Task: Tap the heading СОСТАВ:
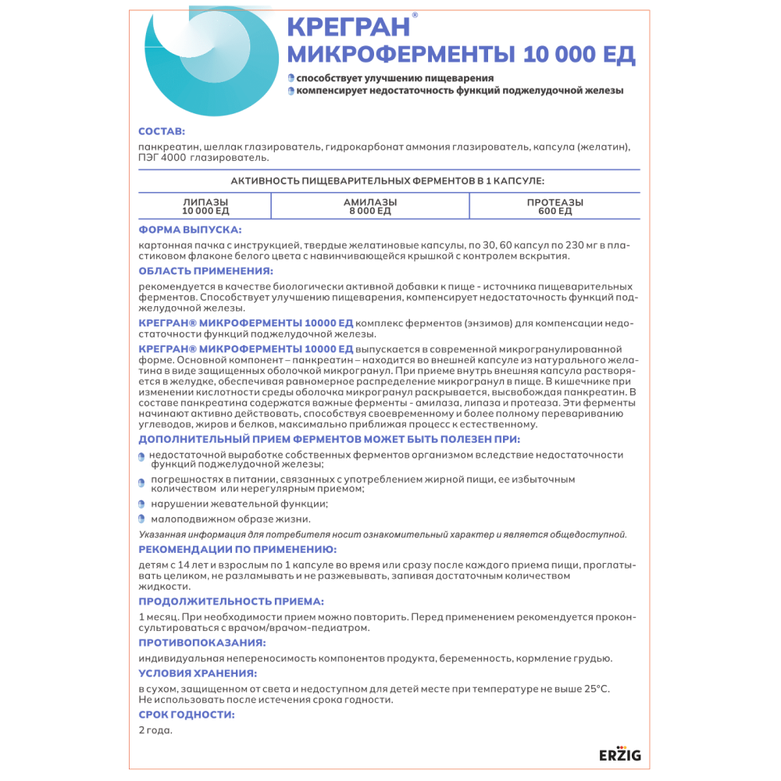coord(162,130)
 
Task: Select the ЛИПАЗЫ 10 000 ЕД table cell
coord(205,206)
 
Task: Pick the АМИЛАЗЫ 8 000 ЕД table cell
coord(369,206)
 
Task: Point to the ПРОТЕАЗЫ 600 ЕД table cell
coord(555,206)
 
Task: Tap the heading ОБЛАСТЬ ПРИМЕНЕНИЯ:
coord(205,271)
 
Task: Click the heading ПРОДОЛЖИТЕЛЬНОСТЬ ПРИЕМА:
coord(230,601)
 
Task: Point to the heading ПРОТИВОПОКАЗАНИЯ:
coord(201,642)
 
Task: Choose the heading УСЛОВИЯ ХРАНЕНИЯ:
coord(198,672)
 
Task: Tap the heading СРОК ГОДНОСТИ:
coord(186,714)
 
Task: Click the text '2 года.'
coord(155,730)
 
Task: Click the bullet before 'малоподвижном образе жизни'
coord(142,519)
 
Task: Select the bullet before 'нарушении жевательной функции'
coord(142,504)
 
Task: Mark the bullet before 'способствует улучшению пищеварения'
coord(291,77)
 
